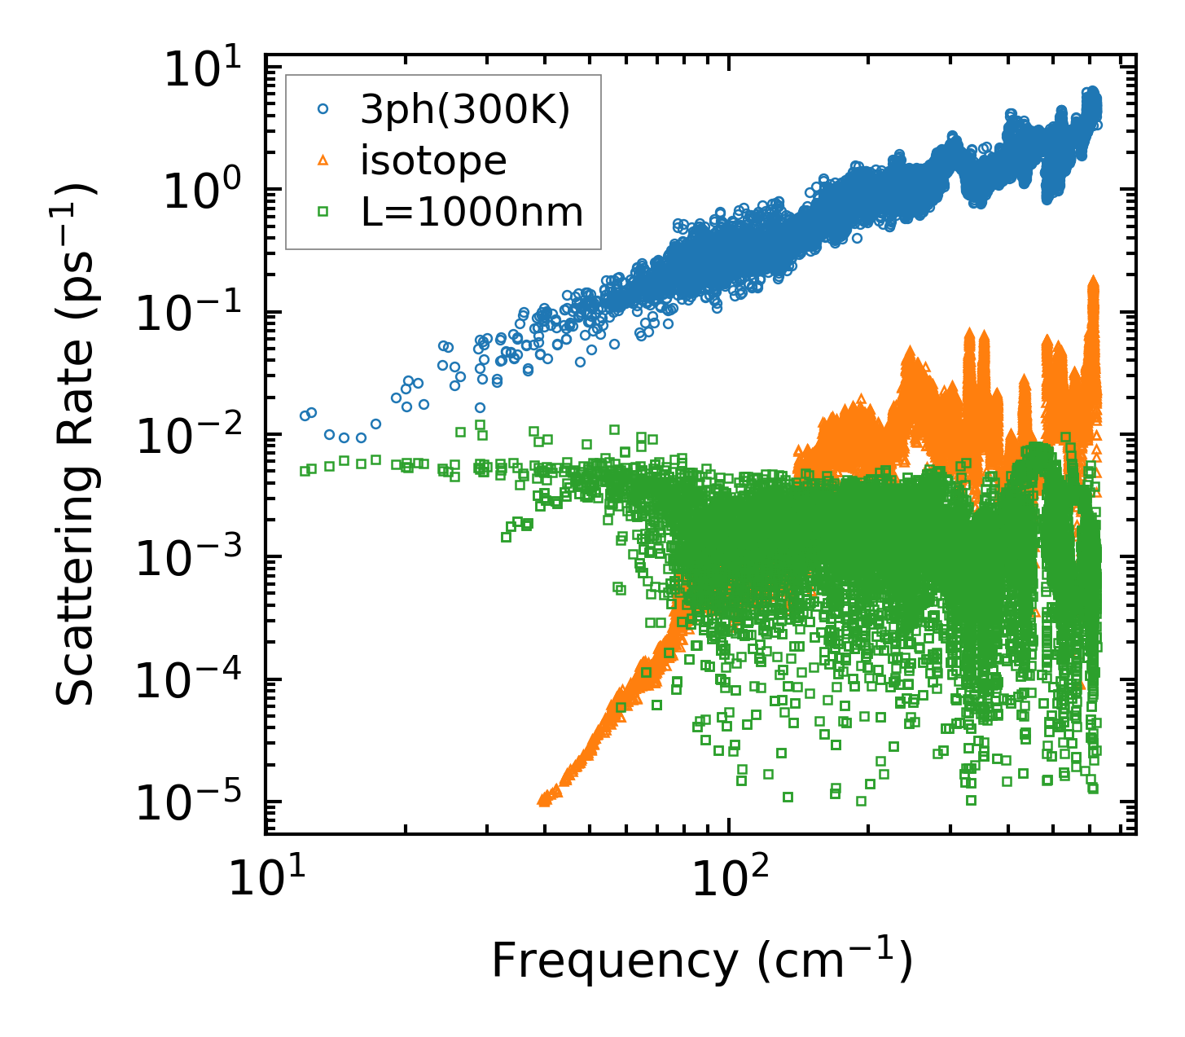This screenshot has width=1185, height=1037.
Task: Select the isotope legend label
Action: (434, 162)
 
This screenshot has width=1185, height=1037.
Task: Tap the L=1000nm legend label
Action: (472, 213)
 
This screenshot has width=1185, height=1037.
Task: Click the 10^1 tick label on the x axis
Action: (265, 878)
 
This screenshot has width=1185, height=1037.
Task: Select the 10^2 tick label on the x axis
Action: (729, 878)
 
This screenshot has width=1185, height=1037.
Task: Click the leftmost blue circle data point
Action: (305, 415)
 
